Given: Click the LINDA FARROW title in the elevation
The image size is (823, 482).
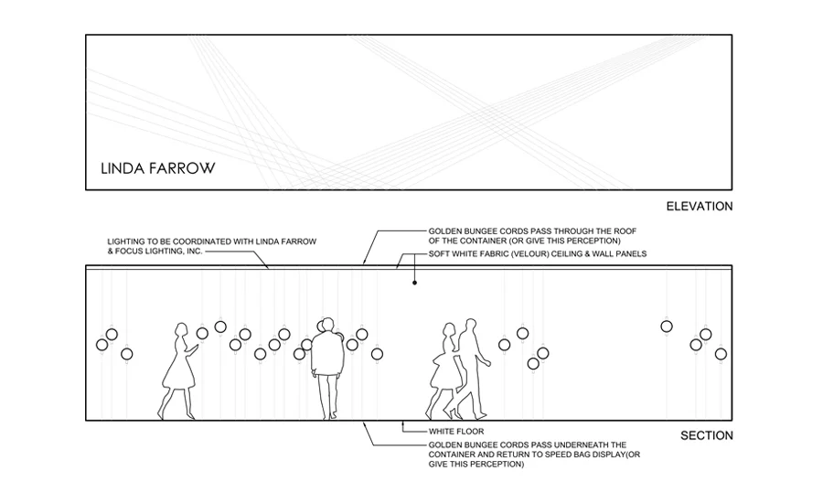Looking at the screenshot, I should point(157,168).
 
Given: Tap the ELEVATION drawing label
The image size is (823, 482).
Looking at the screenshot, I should point(700,207).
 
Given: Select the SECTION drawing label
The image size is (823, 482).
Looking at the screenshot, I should point(707,435).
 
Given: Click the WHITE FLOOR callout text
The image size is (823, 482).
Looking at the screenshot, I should point(455,431).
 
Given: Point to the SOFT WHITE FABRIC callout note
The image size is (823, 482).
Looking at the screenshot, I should point(538,253).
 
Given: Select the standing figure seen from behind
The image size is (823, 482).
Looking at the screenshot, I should point(326,366).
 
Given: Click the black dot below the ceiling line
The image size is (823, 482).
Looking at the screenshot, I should point(414,284).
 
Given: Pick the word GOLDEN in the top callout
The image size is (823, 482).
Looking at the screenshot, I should point(448,231).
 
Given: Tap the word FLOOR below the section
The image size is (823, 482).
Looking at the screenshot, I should point(469,431).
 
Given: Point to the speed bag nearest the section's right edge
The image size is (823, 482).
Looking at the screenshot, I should point(721,353).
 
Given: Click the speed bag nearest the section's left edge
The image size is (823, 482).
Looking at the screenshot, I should point(102,345).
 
